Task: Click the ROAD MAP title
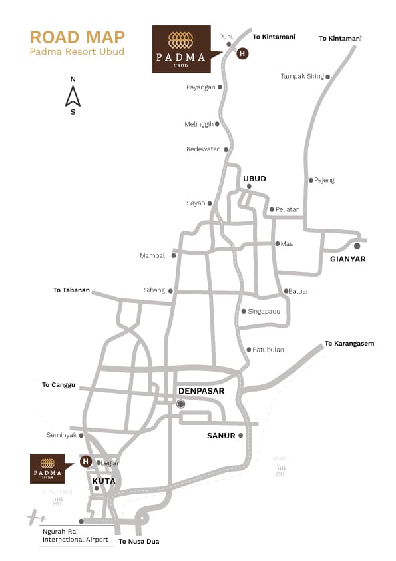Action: click(x=77, y=37)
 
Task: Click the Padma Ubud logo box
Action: click(x=180, y=49)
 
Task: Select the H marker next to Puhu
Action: click(x=242, y=53)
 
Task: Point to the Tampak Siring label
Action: click(x=301, y=77)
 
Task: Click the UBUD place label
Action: click(x=254, y=179)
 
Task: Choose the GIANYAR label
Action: click(x=347, y=259)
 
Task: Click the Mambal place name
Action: click(x=152, y=255)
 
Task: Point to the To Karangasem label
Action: click(x=349, y=344)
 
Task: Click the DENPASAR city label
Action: click(x=201, y=391)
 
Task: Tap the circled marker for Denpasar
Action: click(x=180, y=404)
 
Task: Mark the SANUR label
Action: click(x=221, y=436)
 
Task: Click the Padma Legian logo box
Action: click(x=47, y=468)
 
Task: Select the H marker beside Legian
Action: click(x=85, y=461)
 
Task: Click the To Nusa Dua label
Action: click(x=138, y=542)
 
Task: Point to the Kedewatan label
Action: click(x=203, y=149)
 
